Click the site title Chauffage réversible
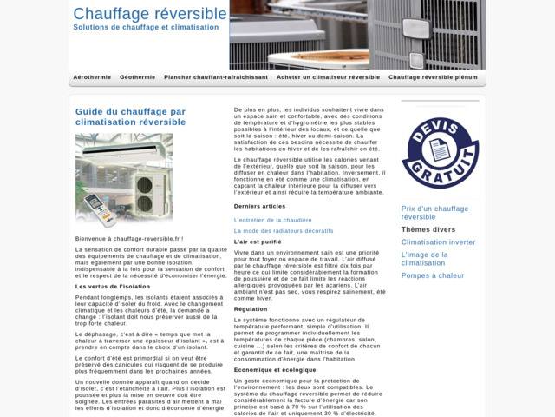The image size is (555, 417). (150, 14)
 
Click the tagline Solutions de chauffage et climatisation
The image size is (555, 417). (146, 28)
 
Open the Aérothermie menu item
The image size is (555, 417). (92, 77)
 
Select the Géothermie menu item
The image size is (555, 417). (137, 77)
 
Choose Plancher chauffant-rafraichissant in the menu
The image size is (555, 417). (216, 77)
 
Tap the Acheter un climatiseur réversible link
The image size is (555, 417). (328, 77)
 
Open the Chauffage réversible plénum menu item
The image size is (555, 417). (433, 77)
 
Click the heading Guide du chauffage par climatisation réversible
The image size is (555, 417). (130, 117)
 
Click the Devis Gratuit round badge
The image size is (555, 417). (440, 153)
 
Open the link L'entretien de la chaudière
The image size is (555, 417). (272, 220)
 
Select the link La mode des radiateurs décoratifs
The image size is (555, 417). (283, 230)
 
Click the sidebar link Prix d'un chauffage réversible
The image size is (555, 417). (434, 213)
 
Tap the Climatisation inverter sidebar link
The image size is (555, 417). (438, 242)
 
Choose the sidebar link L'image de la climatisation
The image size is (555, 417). (424, 259)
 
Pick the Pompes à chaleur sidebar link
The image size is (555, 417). (433, 275)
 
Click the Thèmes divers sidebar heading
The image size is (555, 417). (428, 229)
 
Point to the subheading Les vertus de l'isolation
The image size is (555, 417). (113, 286)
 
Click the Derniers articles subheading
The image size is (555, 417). (259, 206)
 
